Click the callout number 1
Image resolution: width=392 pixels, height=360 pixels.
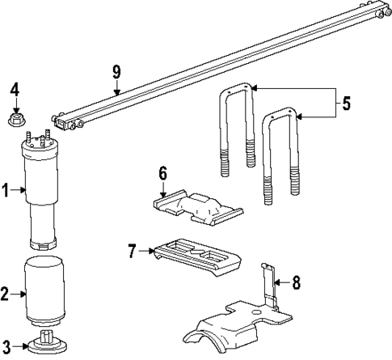tap(6, 191)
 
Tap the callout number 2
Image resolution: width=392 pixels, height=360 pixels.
tap(6, 294)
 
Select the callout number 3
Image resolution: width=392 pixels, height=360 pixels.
tap(6, 345)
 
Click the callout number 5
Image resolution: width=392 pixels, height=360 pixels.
tap(346, 103)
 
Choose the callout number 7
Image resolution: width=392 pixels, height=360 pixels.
tap(134, 250)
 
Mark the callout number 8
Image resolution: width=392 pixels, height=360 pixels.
tap(296, 282)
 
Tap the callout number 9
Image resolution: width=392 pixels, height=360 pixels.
tap(116, 72)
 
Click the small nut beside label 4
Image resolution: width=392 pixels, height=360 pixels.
tap(14, 120)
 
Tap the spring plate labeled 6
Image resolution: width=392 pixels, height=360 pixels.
tap(198, 209)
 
